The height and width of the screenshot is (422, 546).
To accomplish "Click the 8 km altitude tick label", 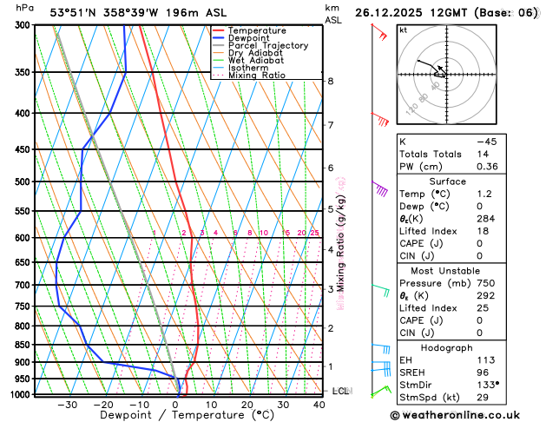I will pyautogui.click(x=331, y=81).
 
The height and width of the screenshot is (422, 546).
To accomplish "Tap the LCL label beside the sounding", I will pyautogui.click(x=341, y=392).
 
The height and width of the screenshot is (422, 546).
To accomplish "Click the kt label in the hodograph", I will pyautogui.click(x=403, y=30).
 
